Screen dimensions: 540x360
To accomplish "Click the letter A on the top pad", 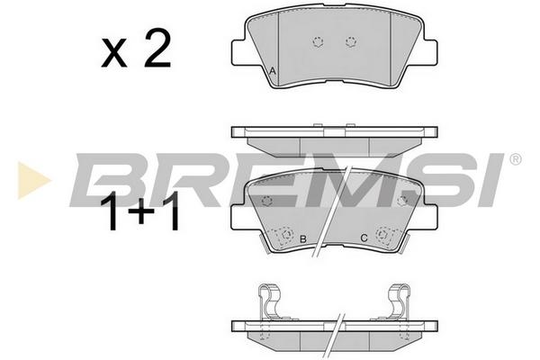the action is (x=273, y=72).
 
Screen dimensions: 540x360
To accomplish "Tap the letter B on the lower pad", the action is (x=303, y=238).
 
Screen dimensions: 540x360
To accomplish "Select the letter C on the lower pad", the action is (x=364, y=238).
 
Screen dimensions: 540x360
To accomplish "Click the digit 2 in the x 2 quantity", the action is (x=157, y=48).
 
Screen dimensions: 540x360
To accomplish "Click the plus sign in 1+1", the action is (x=141, y=211).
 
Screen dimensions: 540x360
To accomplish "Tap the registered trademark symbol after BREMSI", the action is (x=515, y=159).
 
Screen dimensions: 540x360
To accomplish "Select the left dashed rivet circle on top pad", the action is (x=319, y=42).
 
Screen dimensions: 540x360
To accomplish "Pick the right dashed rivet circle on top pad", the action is (x=351, y=42).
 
